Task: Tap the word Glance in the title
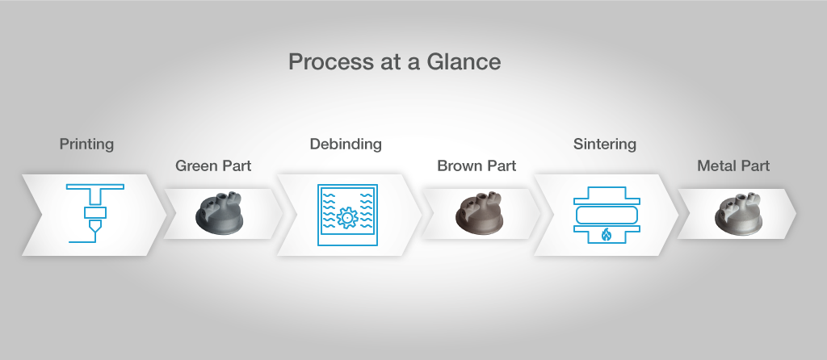tap(464, 61)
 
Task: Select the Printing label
tap(86, 144)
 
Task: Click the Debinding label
tap(346, 144)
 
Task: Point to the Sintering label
tap(604, 144)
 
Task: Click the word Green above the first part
tap(195, 165)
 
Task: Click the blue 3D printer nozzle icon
tap(95, 213)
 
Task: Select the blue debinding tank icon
tap(347, 215)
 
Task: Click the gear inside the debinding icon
tap(347, 218)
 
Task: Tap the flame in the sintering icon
tap(607, 234)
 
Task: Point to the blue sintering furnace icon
tap(607, 215)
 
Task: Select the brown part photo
tap(479, 213)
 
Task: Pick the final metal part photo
tap(738, 213)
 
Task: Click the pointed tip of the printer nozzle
tap(95, 232)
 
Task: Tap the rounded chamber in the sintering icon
tap(607, 216)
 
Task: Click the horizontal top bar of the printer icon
tap(95, 186)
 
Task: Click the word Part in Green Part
tap(237, 165)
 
